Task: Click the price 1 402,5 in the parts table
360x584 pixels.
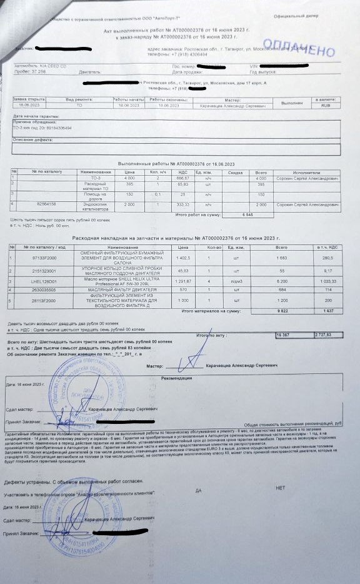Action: [183, 258]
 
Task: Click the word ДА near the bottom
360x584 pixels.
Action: [198, 490]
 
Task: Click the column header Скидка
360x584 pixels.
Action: [235, 172]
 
